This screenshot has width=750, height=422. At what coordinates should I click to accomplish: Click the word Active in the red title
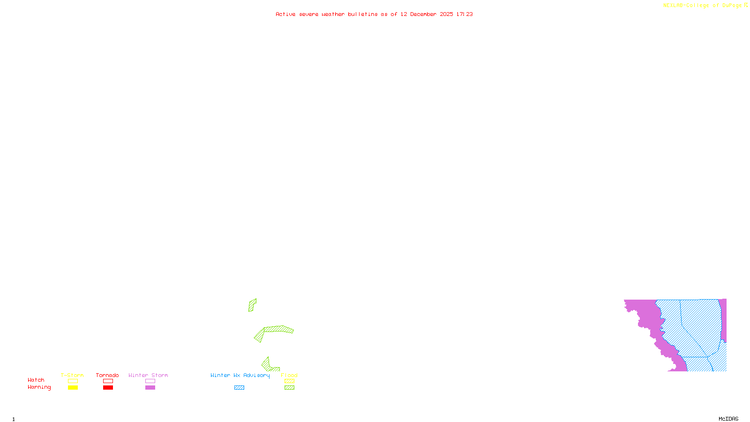pyautogui.click(x=285, y=14)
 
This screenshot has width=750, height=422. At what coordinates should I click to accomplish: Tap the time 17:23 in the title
pyautogui.click(x=465, y=14)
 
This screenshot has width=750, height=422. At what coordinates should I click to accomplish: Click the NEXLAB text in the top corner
pyautogui.click(x=673, y=6)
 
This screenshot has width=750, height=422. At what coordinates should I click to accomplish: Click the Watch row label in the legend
pyautogui.click(x=36, y=380)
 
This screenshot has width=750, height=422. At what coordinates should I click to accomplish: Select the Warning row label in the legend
pyautogui.click(x=39, y=387)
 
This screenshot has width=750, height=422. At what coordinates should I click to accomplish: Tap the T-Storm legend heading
pyautogui.click(x=72, y=375)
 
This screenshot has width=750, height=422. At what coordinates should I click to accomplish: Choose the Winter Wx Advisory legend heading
pyautogui.click(x=240, y=375)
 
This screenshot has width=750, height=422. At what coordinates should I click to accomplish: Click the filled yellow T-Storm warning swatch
pyautogui.click(x=73, y=388)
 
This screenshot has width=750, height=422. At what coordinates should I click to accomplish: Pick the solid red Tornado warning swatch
pyautogui.click(x=108, y=388)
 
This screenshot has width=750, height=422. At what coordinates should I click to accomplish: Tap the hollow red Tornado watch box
pyautogui.click(x=108, y=381)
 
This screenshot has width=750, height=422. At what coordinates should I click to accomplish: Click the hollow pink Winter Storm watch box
pyautogui.click(x=150, y=381)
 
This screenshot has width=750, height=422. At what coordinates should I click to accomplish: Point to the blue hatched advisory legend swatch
pyautogui.click(x=239, y=388)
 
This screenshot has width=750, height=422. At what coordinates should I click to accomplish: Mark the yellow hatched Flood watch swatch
pyautogui.click(x=290, y=381)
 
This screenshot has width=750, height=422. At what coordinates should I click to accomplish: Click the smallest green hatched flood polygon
pyautogui.click(x=252, y=305)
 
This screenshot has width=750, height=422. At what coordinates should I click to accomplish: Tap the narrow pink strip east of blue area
pyautogui.click(x=723, y=319)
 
